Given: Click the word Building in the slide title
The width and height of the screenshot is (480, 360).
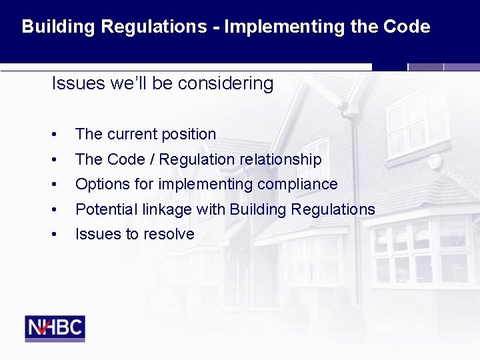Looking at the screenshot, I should (58, 27).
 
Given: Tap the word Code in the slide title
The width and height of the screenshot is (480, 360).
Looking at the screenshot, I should (407, 27).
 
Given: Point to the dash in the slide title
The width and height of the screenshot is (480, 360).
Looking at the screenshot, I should (216, 28).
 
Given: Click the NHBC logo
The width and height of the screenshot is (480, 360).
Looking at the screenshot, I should (55, 328).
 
